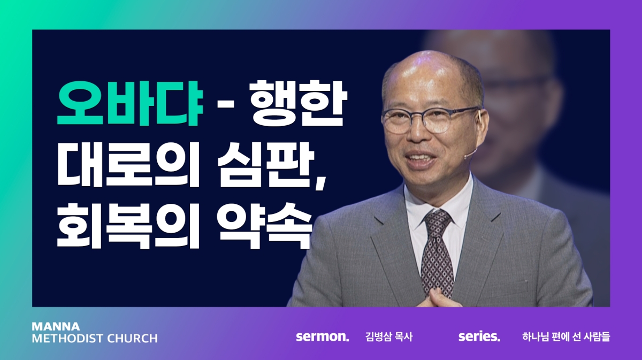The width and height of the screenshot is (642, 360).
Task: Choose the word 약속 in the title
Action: click(264, 226)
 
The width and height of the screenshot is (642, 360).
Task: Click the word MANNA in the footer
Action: click(56, 326)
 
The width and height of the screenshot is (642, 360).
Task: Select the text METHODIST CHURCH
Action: click(95, 339)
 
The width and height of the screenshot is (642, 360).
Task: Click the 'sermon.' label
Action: click(323, 336)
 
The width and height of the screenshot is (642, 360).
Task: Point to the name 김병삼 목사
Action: click(389, 337)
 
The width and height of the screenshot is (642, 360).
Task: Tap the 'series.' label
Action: click(479, 336)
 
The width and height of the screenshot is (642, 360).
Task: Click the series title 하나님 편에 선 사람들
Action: click(566, 337)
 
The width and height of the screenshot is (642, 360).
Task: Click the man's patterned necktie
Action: click(435, 252)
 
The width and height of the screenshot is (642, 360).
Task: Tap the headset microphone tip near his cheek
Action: click(467, 157)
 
